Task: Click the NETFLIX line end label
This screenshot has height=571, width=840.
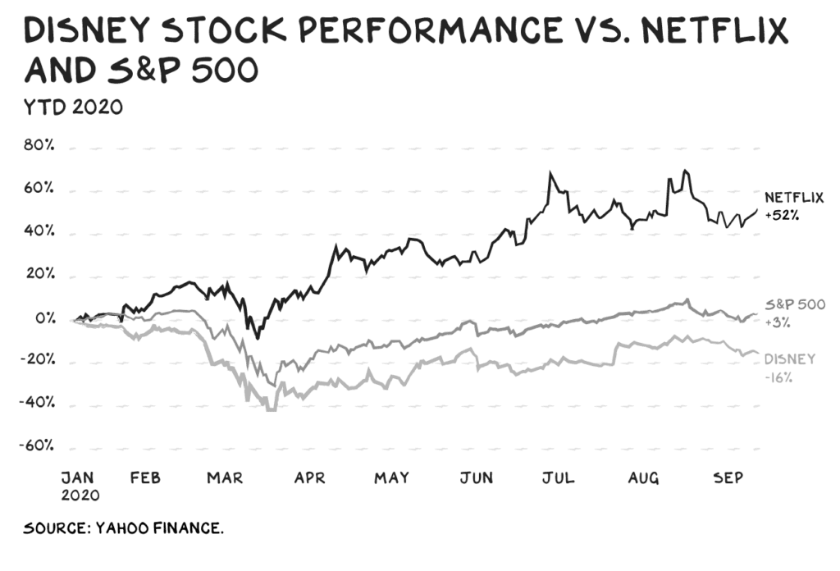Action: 794,198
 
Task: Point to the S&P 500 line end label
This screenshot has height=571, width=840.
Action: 794,304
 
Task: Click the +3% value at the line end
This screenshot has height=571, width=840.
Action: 778,322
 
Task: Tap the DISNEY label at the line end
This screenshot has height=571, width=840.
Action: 789,359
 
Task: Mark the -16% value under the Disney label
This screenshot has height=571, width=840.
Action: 779,377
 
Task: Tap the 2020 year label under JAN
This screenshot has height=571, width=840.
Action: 81,496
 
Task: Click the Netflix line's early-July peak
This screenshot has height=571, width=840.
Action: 550,173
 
